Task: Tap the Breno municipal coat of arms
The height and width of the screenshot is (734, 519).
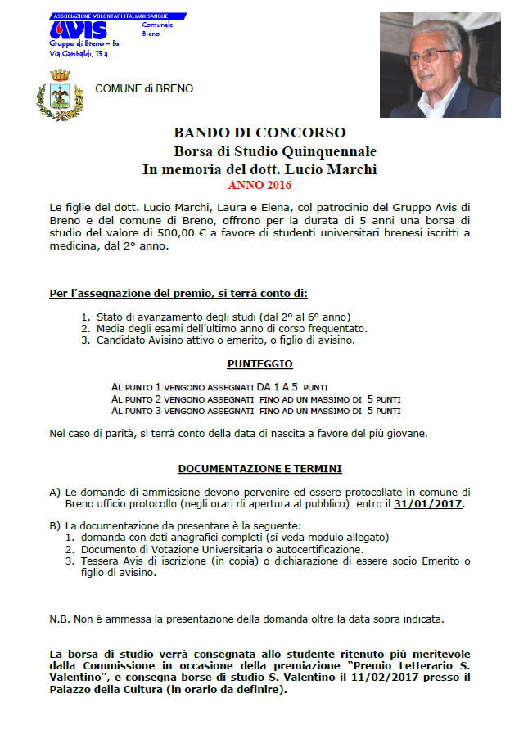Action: tap(60, 96)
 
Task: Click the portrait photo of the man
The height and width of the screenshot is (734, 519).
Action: tap(439, 65)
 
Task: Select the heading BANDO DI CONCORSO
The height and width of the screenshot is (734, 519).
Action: tap(259, 133)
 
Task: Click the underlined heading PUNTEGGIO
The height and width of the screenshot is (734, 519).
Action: tap(259, 363)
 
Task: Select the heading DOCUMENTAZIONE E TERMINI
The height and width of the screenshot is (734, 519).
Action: tap(259, 469)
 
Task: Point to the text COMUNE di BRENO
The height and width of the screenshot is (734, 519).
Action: tap(145, 88)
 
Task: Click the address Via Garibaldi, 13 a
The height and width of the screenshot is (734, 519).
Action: tap(79, 54)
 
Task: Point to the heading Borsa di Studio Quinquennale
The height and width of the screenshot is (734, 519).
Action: tap(275, 151)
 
